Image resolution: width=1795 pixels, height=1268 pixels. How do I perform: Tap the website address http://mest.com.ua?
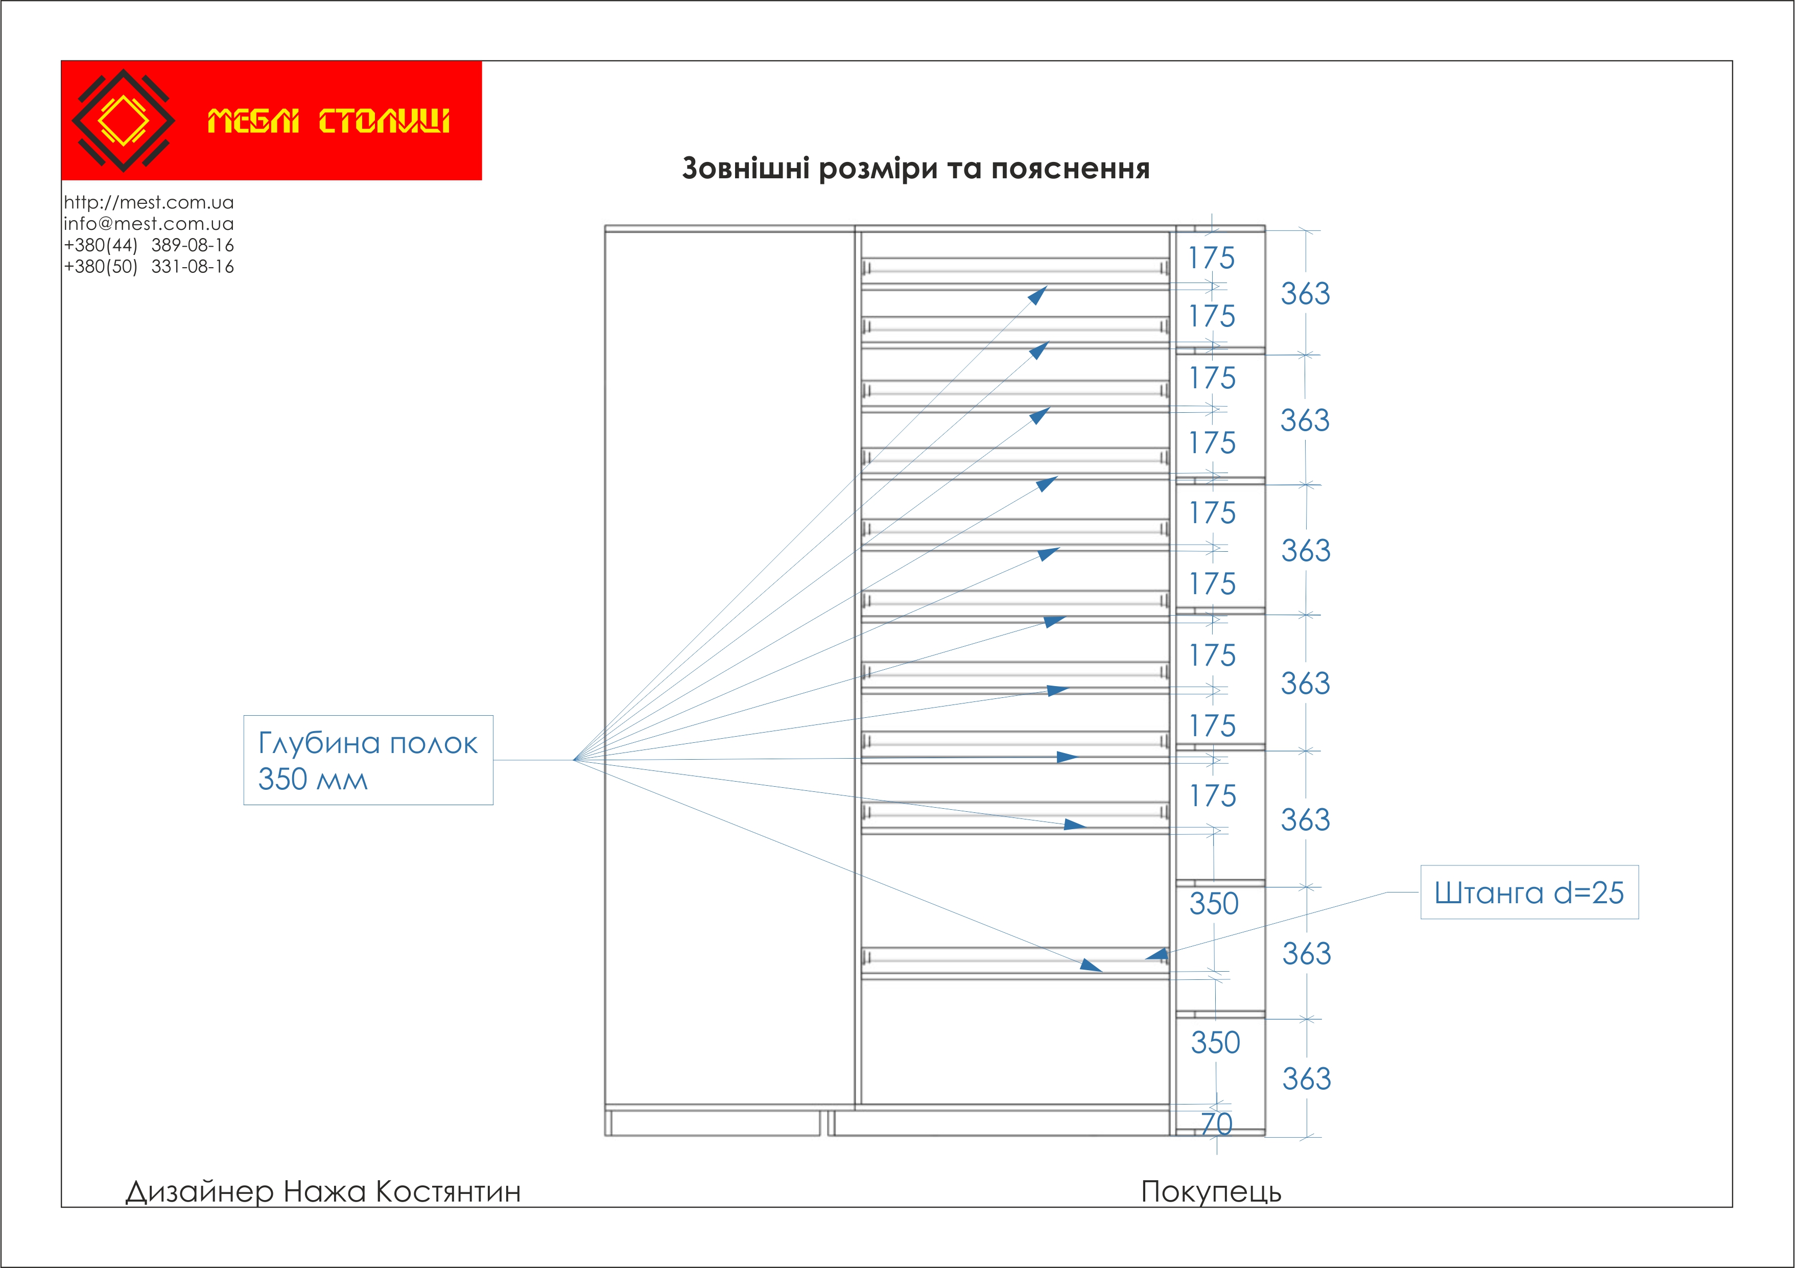(x=149, y=202)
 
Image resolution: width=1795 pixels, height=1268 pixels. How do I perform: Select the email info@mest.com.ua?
(x=149, y=224)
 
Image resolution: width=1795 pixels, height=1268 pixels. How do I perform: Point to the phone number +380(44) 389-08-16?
(x=149, y=245)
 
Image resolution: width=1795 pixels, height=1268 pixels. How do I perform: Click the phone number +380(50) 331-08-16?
(x=149, y=267)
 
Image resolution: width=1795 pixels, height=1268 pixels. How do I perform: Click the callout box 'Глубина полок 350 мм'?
(x=368, y=760)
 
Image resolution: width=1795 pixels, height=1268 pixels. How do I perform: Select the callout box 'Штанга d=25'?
(x=1529, y=892)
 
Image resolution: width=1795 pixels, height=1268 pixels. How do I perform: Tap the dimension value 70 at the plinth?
(x=1216, y=1124)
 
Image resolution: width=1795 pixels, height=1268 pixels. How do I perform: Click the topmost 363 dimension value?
(x=1305, y=294)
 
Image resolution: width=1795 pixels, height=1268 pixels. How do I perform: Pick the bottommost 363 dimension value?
(x=1306, y=1079)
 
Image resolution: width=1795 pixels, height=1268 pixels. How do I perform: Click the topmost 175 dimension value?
(x=1212, y=258)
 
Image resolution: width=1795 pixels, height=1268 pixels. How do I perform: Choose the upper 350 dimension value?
(x=1214, y=904)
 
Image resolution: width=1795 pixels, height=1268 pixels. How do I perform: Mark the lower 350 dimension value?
(x=1216, y=1042)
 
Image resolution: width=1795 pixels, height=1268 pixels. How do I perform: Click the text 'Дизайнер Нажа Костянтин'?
(x=323, y=1191)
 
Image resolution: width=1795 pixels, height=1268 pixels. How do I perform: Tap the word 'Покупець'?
(x=1211, y=1191)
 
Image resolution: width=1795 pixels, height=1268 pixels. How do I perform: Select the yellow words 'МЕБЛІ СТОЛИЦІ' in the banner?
(x=328, y=121)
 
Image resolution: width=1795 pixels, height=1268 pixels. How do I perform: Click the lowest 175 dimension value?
(x=1213, y=796)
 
